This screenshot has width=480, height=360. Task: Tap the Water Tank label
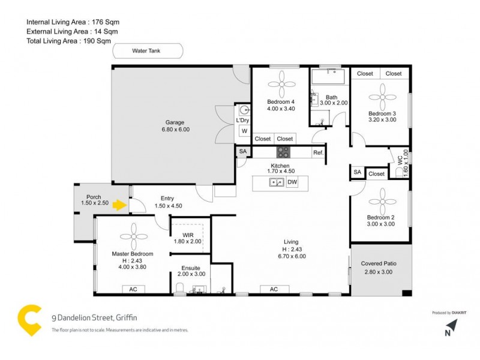coord(146,51)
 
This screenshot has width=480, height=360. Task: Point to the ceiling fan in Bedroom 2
coord(381,199)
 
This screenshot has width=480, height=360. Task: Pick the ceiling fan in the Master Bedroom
coord(132,235)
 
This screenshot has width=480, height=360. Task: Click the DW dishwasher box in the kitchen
coord(292,182)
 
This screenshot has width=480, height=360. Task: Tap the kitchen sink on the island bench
coord(276,182)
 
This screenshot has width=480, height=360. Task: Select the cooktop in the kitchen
coord(283,152)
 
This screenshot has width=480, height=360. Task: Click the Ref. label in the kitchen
coord(318,152)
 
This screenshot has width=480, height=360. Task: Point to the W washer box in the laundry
coord(244,131)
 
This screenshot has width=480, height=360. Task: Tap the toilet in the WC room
coord(400,173)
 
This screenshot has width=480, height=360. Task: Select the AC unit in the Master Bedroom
coord(133,289)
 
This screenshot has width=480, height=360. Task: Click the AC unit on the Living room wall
coord(274,289)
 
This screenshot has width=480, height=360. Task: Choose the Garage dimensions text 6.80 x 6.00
coord(175,130)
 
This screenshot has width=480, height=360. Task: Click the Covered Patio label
coord(379,263)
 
